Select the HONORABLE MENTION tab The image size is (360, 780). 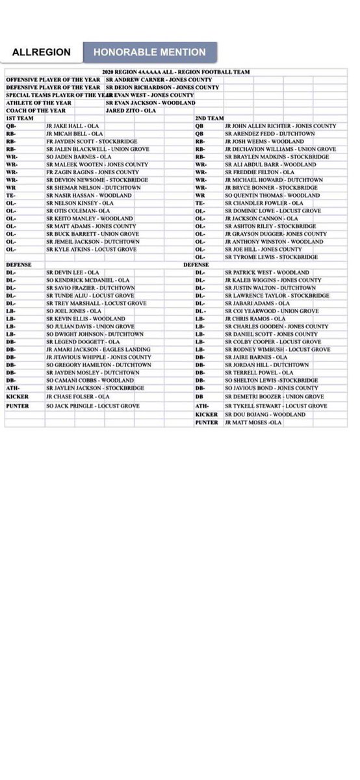[x=149, y=52]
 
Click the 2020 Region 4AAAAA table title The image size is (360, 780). [x=175, y=71]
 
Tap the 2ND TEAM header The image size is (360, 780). [x=209, y=118]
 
